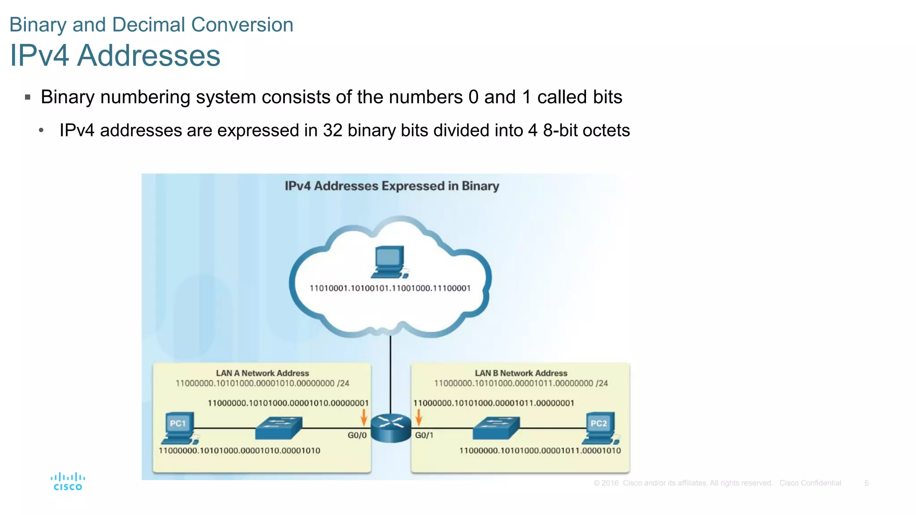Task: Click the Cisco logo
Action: pos(68,481)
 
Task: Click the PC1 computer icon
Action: pos(179,427)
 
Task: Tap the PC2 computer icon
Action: pos(600,427)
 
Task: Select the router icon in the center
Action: pos(390,428)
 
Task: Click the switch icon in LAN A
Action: pos(279,428)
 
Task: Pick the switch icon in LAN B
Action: pos(496,428)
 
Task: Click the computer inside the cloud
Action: pos(390,262)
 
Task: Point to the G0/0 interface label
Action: pos(357,435)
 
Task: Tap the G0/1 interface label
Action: pos(424,435)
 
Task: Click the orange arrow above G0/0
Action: pos(364,417)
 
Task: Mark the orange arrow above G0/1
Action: pos(419,417)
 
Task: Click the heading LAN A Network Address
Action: pos(262,373)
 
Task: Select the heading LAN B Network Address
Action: pos(521,373)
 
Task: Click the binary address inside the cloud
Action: pos(390,288)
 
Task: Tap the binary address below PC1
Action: pos(239,451)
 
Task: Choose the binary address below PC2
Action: pos(540,451)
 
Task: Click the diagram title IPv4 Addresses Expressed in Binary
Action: pos(392,186)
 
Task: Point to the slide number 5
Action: pos(866,483)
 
